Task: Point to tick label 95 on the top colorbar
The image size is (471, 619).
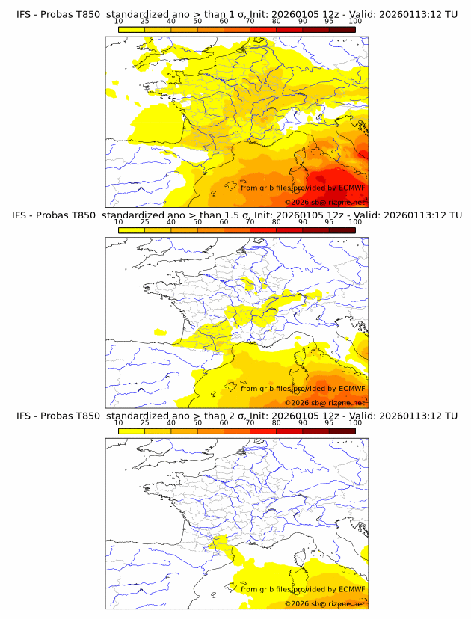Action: [x=329, y=21]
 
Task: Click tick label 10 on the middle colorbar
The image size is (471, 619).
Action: [x=118, y=222]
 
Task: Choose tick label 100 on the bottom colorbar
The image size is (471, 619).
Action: [x=355, y=422]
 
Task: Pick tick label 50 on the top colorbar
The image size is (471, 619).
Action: [x=197, y=21]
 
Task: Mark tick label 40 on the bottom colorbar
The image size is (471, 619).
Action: [x=171, y=422]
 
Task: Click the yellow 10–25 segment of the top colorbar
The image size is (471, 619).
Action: [x=132, y=29]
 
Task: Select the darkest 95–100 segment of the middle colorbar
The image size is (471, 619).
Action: [x=342, y=230]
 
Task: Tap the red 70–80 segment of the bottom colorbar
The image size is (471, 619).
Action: [x=263, y=431]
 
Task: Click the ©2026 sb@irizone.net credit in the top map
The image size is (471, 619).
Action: [x=325, y=203]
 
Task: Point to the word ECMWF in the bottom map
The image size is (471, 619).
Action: [x=351, y=589]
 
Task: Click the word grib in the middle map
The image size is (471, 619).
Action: [x=265, y=389]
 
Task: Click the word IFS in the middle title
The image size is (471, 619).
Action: [x=25, y=215]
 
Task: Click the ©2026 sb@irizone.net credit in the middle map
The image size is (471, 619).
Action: [x=325, y=403]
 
